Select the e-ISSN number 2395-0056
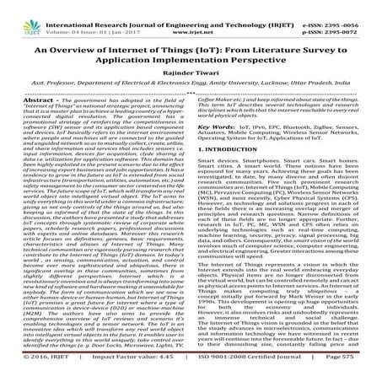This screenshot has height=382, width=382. (352, 8)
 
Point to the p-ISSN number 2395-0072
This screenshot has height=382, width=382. (352, 18)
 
